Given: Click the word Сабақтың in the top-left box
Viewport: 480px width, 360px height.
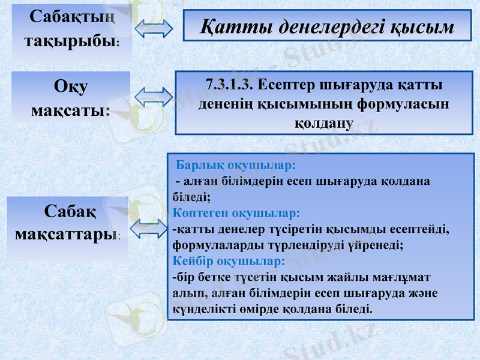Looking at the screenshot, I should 71,16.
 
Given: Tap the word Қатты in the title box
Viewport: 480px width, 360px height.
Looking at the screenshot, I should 230,27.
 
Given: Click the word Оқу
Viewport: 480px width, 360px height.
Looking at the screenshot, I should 71,86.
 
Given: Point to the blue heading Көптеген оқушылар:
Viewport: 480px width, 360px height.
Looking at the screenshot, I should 236,213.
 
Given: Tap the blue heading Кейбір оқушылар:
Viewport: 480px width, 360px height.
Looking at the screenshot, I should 229,262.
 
